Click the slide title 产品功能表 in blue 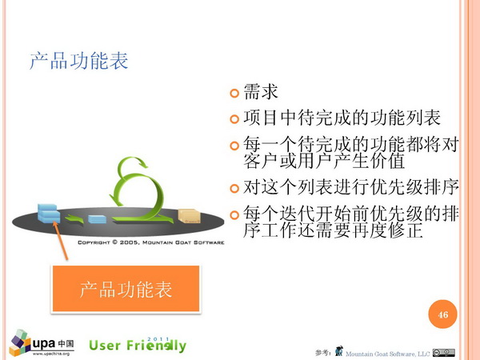click(78, 61)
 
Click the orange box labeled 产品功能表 click(126, 289)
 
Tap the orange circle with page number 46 click(442, 314)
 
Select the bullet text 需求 click(261, 91)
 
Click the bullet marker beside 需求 click(234, 93)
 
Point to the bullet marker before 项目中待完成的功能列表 click(234, 118)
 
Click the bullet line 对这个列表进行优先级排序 click(351, 186)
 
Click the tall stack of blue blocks click(49, 213)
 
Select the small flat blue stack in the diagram click(97, 219)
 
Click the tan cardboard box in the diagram click(189, 216)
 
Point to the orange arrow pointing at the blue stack click(60, 241)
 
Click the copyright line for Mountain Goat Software click(151, 242)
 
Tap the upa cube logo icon click(20, 343)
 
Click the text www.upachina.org click(51, 354)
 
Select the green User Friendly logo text click(138, 346)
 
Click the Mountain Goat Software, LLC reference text click(387, 354)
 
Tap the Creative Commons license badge click(443, 353)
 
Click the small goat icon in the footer click(338, 351)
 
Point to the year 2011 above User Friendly click(158, 339)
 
